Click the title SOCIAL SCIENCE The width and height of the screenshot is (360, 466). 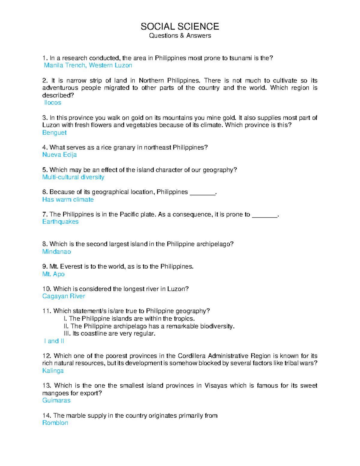tap(180, 27)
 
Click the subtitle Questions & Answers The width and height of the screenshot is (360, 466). tap(180, 36)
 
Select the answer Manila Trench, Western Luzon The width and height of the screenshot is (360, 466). tap(88, 65)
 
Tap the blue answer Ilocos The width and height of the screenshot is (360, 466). tap(53, 103)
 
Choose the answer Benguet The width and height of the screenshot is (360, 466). tap(54, 133)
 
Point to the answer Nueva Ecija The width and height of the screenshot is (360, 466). tap(59, 155)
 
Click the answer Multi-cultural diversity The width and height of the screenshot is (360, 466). tap(73, 177)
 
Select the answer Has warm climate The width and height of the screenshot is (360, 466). tap(68, 200)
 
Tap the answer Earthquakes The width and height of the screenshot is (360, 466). tap(60, 222)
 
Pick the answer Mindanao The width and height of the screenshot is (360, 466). tap(56, 252)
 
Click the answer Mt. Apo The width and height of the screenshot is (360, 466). tap(53, 274)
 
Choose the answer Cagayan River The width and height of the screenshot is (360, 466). tap(64, 296)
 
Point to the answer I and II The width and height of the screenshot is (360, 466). tap(54, 341)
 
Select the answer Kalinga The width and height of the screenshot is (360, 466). tap(53, 371)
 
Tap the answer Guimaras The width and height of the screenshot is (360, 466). tap(56, 401)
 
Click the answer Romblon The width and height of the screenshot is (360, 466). tap(55, 423)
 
